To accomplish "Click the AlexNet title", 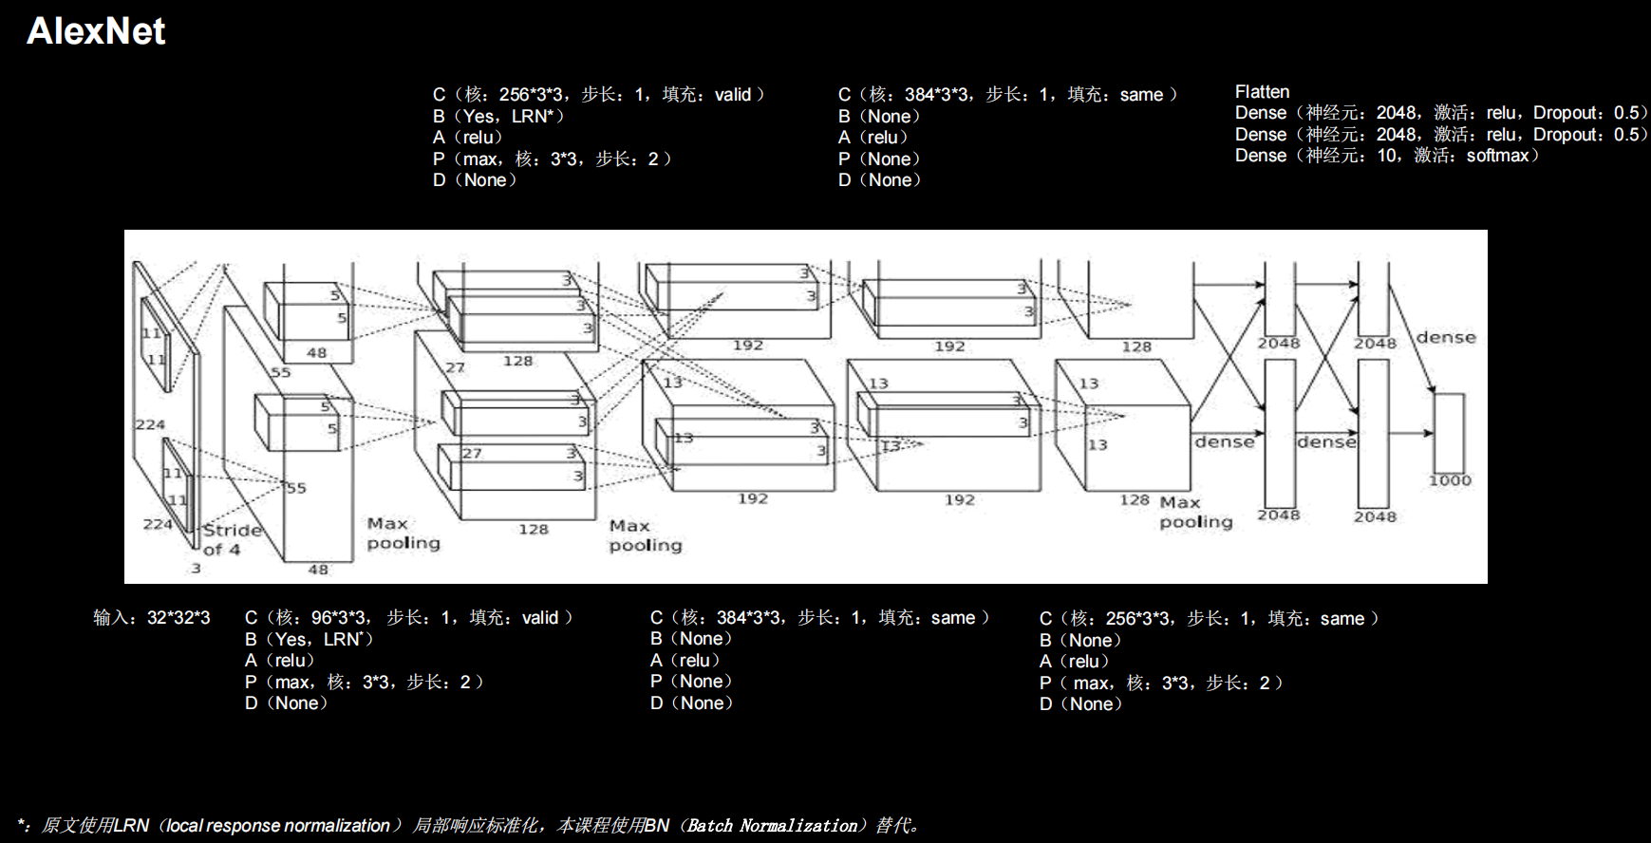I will pos(96,31).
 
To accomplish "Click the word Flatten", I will pos(1262,92).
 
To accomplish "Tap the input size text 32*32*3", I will pos(178,618).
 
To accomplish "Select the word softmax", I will pos(1497,156).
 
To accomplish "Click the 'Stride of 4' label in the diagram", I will pos(229,539).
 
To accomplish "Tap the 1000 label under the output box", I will pos(1450,480).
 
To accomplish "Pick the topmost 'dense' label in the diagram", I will pos(1446,337).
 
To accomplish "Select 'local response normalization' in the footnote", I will pos(278,826).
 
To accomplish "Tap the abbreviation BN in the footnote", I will pos(657,826).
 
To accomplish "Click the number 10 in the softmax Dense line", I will pos(1386,156).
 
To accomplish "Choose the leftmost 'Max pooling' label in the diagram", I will pos(403,534).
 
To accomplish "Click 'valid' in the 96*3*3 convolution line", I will pos(540,618).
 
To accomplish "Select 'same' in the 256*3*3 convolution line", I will pos(1342,619).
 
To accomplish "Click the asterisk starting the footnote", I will pos(22,823).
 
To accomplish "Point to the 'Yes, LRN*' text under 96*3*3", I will pos(322,640).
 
